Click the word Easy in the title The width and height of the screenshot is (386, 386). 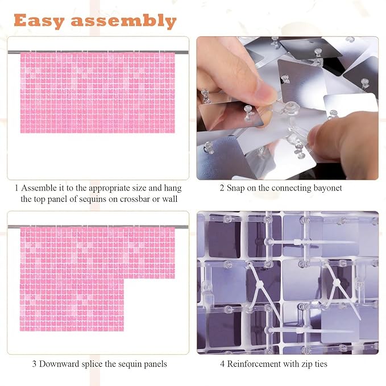[39, 21]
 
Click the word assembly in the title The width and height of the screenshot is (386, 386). [124, 21]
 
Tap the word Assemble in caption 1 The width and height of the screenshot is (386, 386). [39, 188]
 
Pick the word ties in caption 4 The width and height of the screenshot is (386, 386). [321, 364]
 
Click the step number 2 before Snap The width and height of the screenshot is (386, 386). [222, 188]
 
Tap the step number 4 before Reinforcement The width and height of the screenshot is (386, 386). [222, 364]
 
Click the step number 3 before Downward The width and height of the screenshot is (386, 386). [35, 364]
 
